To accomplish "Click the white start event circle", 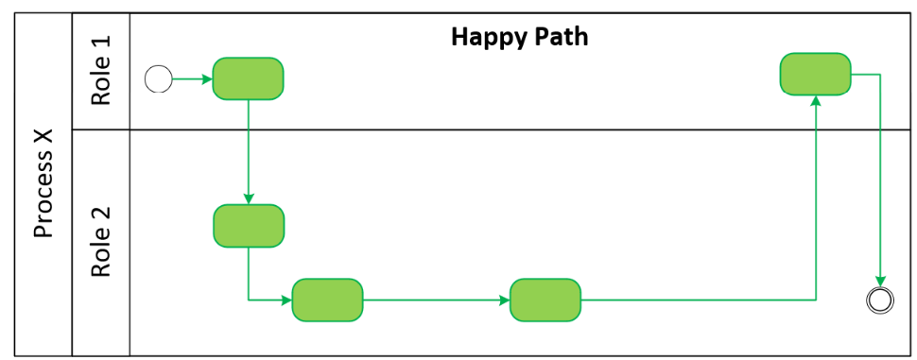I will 158,78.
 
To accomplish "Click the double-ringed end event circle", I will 880,300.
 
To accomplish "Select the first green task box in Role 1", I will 248,78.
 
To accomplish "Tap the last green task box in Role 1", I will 815,74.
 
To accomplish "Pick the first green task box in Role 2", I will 248,226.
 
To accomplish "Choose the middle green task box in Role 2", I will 327,300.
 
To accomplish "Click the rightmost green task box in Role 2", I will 545,300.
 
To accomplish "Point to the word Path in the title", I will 562,37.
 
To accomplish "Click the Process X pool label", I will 43,184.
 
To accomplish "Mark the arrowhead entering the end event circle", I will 880,282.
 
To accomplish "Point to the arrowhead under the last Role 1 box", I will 815,100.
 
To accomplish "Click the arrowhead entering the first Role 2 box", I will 248,199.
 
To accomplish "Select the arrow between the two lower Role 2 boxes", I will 436,300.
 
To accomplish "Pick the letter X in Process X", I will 43,139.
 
